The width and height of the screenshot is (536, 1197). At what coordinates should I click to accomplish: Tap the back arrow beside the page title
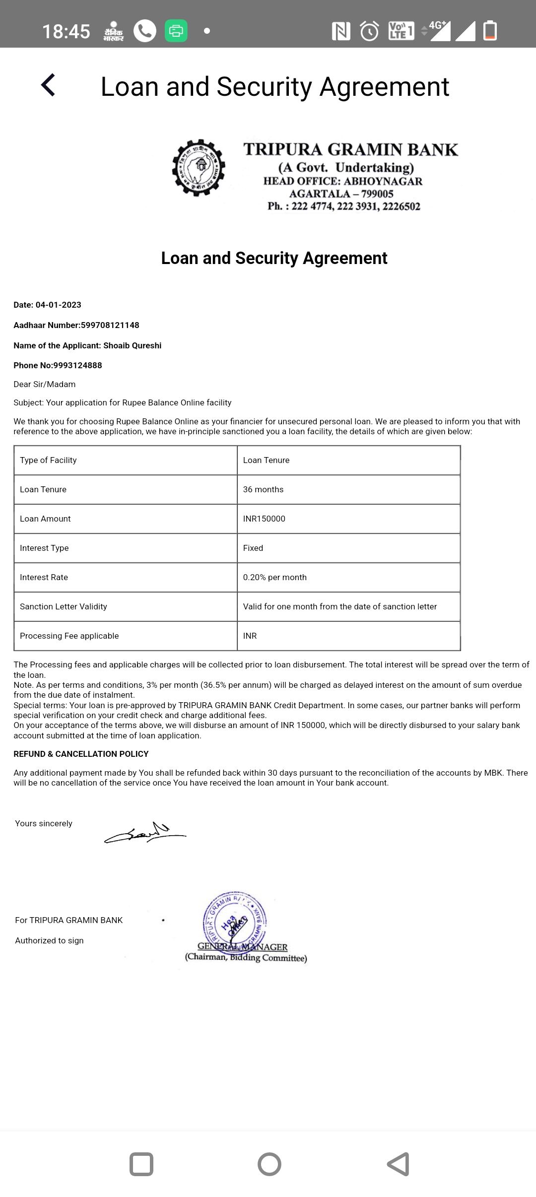point(48,85)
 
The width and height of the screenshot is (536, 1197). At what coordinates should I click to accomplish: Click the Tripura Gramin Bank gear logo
point(199,168)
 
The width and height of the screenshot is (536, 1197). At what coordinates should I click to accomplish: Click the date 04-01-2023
point(58,305)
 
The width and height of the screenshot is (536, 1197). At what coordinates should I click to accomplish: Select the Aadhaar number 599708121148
point(110,325)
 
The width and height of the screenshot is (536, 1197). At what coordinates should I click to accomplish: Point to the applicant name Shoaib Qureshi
point(132,345)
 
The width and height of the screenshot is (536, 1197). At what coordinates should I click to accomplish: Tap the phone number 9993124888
point(77,365)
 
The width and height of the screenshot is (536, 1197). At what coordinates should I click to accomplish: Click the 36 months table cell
point(263,489)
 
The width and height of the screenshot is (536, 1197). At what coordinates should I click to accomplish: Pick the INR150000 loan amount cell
point(264,519)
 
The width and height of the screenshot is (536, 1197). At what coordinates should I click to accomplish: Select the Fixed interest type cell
point(253,548)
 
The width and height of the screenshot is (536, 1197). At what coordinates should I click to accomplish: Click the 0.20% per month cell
point(274,577)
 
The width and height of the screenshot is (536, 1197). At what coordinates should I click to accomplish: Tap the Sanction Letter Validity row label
point(64,606)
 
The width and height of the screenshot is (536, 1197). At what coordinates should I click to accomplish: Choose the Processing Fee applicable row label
point(69,636)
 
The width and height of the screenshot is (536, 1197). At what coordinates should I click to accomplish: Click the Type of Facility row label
point(48,460)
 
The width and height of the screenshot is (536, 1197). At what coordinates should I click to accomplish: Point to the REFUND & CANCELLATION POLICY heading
point(81,754)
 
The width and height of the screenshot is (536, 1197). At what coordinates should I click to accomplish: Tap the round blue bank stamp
point(234,922)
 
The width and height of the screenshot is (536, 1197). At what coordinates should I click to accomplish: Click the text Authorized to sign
point(49,940)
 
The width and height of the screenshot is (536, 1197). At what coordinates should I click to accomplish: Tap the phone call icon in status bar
point(144,31)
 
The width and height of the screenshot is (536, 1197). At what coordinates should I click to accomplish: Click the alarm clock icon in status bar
point(369,31)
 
